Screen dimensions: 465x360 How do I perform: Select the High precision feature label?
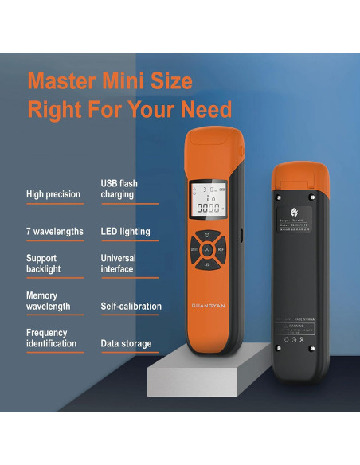click(x=53, y=193)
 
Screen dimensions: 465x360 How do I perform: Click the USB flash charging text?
click(x=119, y=189)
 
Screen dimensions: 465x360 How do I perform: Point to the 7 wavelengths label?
click(x=54, y=232)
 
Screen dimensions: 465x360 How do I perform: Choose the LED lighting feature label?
click(x=125, y=232)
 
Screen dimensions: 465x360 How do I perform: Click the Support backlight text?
click(x=43, y=264)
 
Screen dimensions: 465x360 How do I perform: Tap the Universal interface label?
click(x=118, y=264)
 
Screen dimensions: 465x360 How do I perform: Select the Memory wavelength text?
click(x=48, y=301)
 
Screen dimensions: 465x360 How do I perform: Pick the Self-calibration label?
click(x=131, y=307)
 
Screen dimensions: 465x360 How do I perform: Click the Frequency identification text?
click(x=51, y=338)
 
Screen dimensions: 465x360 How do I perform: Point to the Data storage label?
click(x=126, y=344)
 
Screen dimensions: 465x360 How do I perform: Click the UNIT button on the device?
click(x=194, y=249)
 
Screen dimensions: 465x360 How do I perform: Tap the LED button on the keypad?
click(x=207, y=264)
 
